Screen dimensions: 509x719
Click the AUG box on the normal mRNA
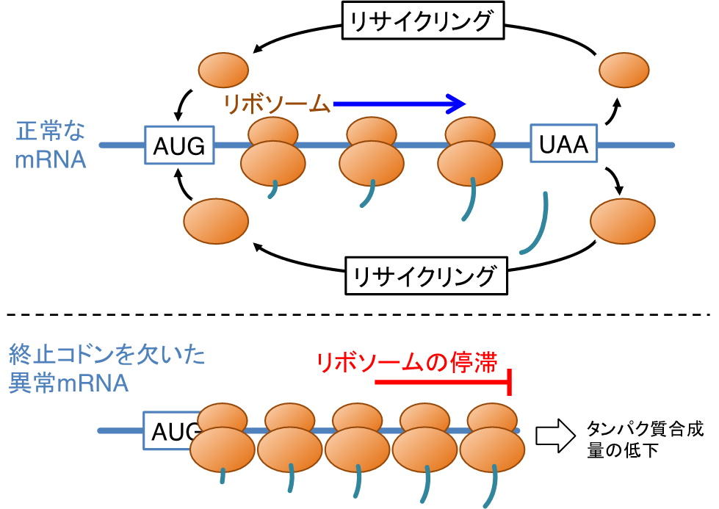point(179,145)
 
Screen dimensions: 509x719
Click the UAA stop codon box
point(563,145)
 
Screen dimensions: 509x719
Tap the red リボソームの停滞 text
point(407,361)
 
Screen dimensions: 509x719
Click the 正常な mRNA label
point(50,145)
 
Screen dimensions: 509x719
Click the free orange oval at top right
point(624,71)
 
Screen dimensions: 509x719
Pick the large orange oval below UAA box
point(622,220)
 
